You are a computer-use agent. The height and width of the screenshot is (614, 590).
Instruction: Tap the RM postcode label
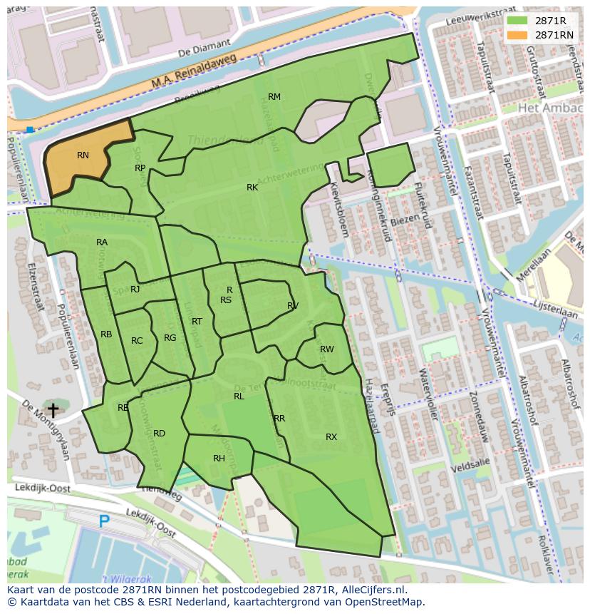tap(274, 97)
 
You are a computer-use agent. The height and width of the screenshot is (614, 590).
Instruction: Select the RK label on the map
tap(252, 188)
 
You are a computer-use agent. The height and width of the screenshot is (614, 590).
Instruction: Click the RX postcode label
tap(331, 437)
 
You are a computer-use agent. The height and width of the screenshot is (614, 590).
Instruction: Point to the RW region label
tap(327, 349)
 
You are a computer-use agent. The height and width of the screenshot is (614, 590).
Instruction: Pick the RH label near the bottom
tap(219, 459)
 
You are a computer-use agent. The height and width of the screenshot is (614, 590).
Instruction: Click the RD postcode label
tap(159, 434)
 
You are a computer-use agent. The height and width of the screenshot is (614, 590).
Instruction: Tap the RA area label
tap(102, 242)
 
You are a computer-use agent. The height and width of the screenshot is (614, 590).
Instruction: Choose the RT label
tap(197, 322)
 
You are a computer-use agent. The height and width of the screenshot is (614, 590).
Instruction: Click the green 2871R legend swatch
tap(517, 21)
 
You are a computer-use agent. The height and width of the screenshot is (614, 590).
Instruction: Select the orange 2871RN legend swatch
tap(517, 34)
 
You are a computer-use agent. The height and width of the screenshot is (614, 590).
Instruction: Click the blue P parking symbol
tap(104, 521)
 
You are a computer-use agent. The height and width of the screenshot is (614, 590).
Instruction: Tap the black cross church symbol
tap(53, 410)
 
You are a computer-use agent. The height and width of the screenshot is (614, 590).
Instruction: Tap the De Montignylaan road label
tap(46, 428)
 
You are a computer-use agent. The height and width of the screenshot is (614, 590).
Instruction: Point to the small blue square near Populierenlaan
tap(29, 130)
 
